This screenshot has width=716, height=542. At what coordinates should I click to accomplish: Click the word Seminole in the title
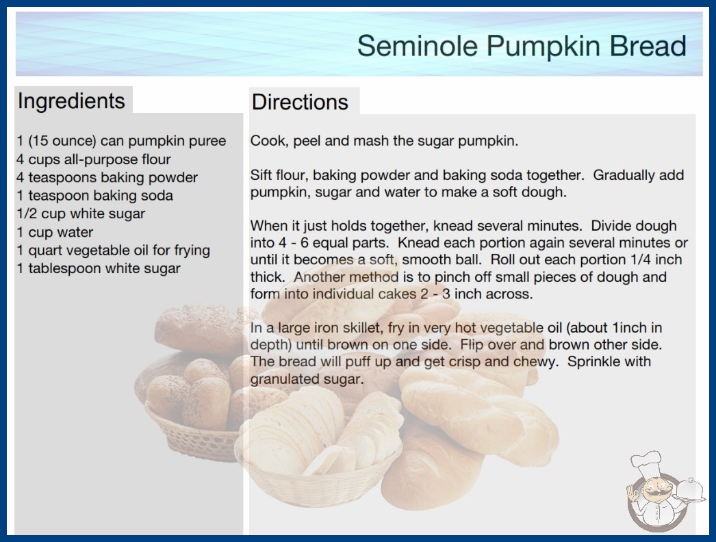click(418, 46)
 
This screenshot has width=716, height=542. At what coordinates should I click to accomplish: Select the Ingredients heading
click(71, 101)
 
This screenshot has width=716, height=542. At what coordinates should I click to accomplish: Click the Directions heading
click(300, 102)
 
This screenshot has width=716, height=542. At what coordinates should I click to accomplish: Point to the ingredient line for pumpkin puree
click(121, 141)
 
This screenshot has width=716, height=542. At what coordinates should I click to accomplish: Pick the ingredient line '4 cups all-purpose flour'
click(94, 159)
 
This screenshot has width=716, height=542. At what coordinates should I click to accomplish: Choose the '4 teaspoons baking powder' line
click(107, 177)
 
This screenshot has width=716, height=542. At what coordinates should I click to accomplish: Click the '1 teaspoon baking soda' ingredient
click(95, 196)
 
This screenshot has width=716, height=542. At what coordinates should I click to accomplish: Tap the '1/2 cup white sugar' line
click(81, 214)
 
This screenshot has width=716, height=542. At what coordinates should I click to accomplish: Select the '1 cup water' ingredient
click(55, 232)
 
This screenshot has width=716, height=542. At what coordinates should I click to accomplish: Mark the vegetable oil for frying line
click(113, 250)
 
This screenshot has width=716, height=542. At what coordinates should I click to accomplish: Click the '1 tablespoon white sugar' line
click(99, 268)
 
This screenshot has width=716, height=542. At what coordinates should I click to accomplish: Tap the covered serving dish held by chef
click(691, 491)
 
